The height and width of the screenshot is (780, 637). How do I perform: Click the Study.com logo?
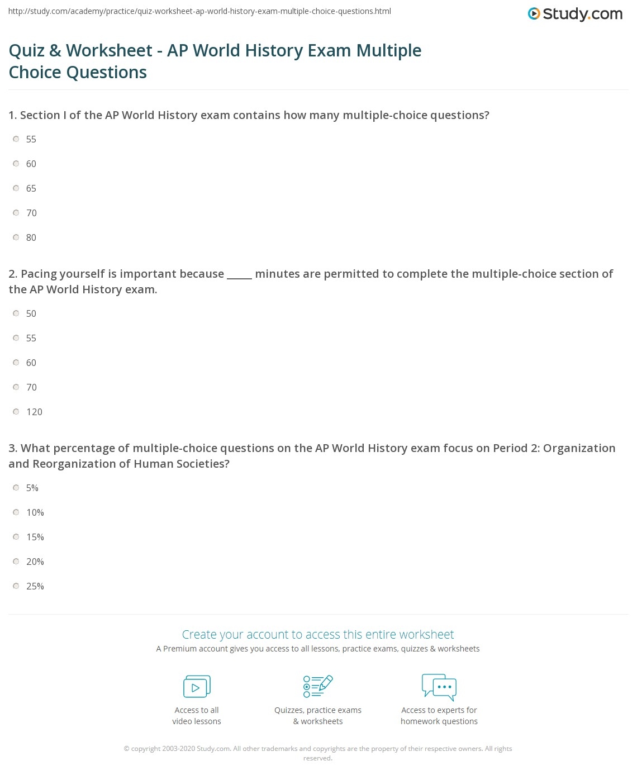575,14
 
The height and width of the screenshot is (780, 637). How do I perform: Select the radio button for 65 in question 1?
16,188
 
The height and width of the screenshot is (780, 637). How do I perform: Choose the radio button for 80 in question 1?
16,237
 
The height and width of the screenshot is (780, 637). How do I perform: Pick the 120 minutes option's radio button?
16,412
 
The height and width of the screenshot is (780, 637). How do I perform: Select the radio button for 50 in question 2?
16,313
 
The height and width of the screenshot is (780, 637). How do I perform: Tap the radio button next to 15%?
16,537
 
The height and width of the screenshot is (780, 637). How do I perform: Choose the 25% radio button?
16,586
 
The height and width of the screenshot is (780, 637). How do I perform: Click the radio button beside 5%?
16,488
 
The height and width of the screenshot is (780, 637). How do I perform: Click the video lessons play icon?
197,687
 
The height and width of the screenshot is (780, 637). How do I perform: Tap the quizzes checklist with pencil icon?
318,687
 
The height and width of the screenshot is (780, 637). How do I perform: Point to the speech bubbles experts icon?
439,687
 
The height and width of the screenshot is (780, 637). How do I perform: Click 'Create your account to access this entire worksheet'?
318,635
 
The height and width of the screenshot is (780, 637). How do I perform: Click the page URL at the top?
199,11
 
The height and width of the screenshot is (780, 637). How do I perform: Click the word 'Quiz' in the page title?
26,51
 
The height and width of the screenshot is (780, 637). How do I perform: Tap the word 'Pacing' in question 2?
39,274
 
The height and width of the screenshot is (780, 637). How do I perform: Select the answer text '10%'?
35,512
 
